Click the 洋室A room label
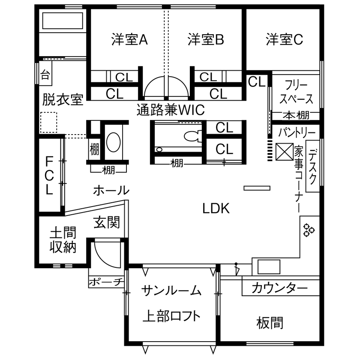(x=129, y=40)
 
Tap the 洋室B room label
(x=206, y=40)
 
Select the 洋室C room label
(x=284, y=39)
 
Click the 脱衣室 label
(x=63, y=100)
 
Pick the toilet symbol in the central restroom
(x=192, y=136)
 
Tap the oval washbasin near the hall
(x=113, y=142)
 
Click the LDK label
(x=216, y=209)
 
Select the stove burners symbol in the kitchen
(x=309, y=230)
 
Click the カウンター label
(x=279, y=288)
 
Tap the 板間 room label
(x=270, y=322)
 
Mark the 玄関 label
(x=107, y=223)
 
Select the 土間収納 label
(x=63, y=240)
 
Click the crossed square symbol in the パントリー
(x=283, y=150)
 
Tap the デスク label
(x=313, y=166)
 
